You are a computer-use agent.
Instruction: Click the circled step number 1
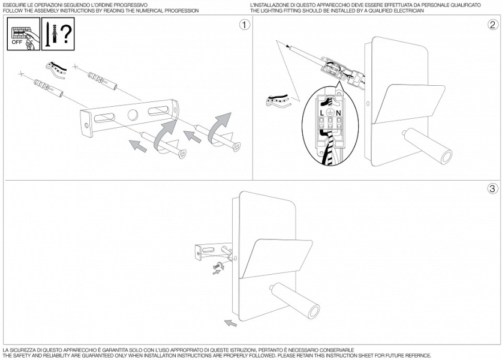244,25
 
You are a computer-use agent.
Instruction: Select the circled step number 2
492,25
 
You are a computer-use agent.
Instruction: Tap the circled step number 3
492,188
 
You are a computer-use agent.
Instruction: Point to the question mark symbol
66,33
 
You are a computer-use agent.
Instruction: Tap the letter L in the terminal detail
323,112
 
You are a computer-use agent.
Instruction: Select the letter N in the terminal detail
338,112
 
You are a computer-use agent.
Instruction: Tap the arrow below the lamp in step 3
229,325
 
